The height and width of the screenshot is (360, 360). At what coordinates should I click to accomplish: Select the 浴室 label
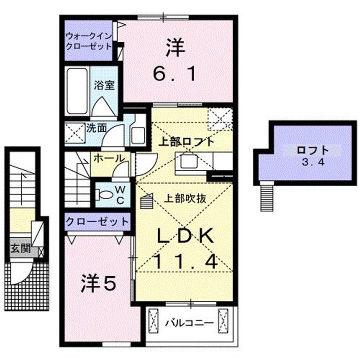[x=104, y=85]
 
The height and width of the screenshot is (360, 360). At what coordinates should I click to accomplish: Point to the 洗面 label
[x=96, y=127]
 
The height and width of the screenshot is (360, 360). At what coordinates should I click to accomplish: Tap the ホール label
[x=108, y=158]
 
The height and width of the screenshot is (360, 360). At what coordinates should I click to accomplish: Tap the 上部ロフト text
[x=186, y=141]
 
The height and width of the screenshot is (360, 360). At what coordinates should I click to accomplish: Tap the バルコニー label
[x=189, y=322]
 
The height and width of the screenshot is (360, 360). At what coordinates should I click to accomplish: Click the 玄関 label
[x=18, y=247]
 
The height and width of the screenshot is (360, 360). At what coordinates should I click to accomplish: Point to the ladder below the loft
[x=265, y=197]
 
